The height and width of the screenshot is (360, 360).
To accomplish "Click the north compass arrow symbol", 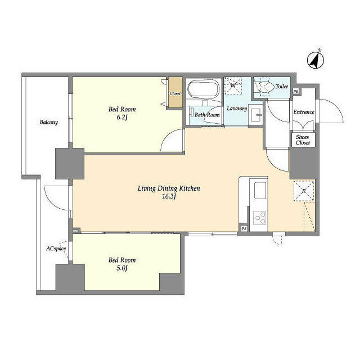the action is click(x=316, y=60).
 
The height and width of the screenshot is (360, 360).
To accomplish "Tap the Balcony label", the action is click(x=49, y=122).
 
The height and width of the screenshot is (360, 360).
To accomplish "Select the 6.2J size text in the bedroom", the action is click(x=122, y=118).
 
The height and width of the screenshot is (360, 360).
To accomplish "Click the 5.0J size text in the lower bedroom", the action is click(x=122, y=268).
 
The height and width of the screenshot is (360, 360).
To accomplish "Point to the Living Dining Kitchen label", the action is click(x=169, y=188).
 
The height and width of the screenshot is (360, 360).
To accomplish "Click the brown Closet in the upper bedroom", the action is click(x=175, y=92).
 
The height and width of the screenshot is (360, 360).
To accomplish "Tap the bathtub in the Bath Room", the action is click(x=203, y=89).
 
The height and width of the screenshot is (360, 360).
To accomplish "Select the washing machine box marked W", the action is click(x=233, y=85).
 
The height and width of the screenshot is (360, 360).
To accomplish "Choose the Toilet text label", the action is click(x=282, y=86).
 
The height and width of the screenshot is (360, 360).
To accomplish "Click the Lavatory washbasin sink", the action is click(x=255, y=114).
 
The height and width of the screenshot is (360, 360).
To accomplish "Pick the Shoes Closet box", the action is click(x=303, y=139).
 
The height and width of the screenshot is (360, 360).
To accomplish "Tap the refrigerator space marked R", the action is click(x=304, y=191).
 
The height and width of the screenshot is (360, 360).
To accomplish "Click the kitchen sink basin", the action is click(x=260, y=190).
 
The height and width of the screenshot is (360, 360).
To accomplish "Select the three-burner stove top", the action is click(x=260, y=218).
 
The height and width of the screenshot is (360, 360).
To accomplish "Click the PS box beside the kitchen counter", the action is click(x=244, y=229).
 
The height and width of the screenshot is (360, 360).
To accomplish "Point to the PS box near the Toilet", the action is click(x=296, y=91).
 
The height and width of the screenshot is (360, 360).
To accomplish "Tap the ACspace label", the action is click(x=56, y=249).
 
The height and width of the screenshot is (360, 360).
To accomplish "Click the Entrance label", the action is click(x=304, y=112).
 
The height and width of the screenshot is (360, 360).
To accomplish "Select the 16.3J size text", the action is click(x=169, y=196).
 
